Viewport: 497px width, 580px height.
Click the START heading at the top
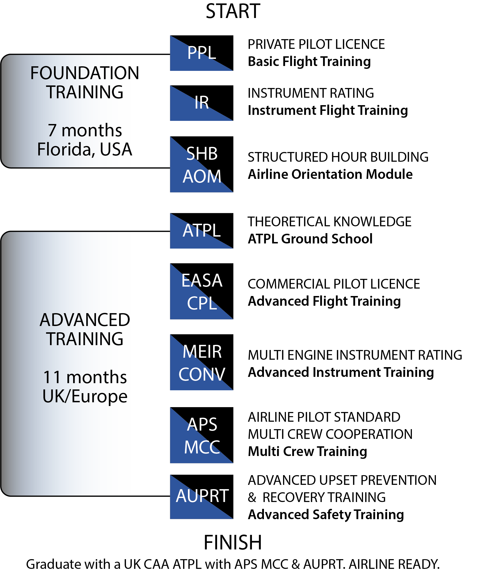point(233,11)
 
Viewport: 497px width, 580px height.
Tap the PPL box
point(202,53)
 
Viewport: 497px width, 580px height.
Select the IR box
point(202,103)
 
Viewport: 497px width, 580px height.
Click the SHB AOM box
point(202,164)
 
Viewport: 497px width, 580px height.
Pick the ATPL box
point(202,231)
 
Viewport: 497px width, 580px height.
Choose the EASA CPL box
point(202,291)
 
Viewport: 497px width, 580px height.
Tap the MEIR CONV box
point(202,362)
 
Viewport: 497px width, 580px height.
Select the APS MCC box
point(202,435)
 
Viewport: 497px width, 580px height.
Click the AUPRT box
point(202,497)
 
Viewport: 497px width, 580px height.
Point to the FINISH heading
point(233,542)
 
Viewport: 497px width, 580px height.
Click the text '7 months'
point(85,130)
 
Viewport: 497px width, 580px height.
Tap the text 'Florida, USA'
point(85,149)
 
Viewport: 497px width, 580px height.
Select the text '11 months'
point(85,377)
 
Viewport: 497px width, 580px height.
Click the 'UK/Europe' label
point(85,397)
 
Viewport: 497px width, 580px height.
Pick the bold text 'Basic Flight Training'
point(309,62)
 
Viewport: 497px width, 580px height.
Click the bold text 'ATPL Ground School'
point(310,239)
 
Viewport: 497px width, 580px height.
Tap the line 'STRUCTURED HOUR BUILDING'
point(338,157)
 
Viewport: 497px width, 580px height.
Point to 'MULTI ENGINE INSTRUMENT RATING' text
point(355,355)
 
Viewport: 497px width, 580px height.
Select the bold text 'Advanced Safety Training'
point(326,515)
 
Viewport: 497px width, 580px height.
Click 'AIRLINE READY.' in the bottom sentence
point(394,564)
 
